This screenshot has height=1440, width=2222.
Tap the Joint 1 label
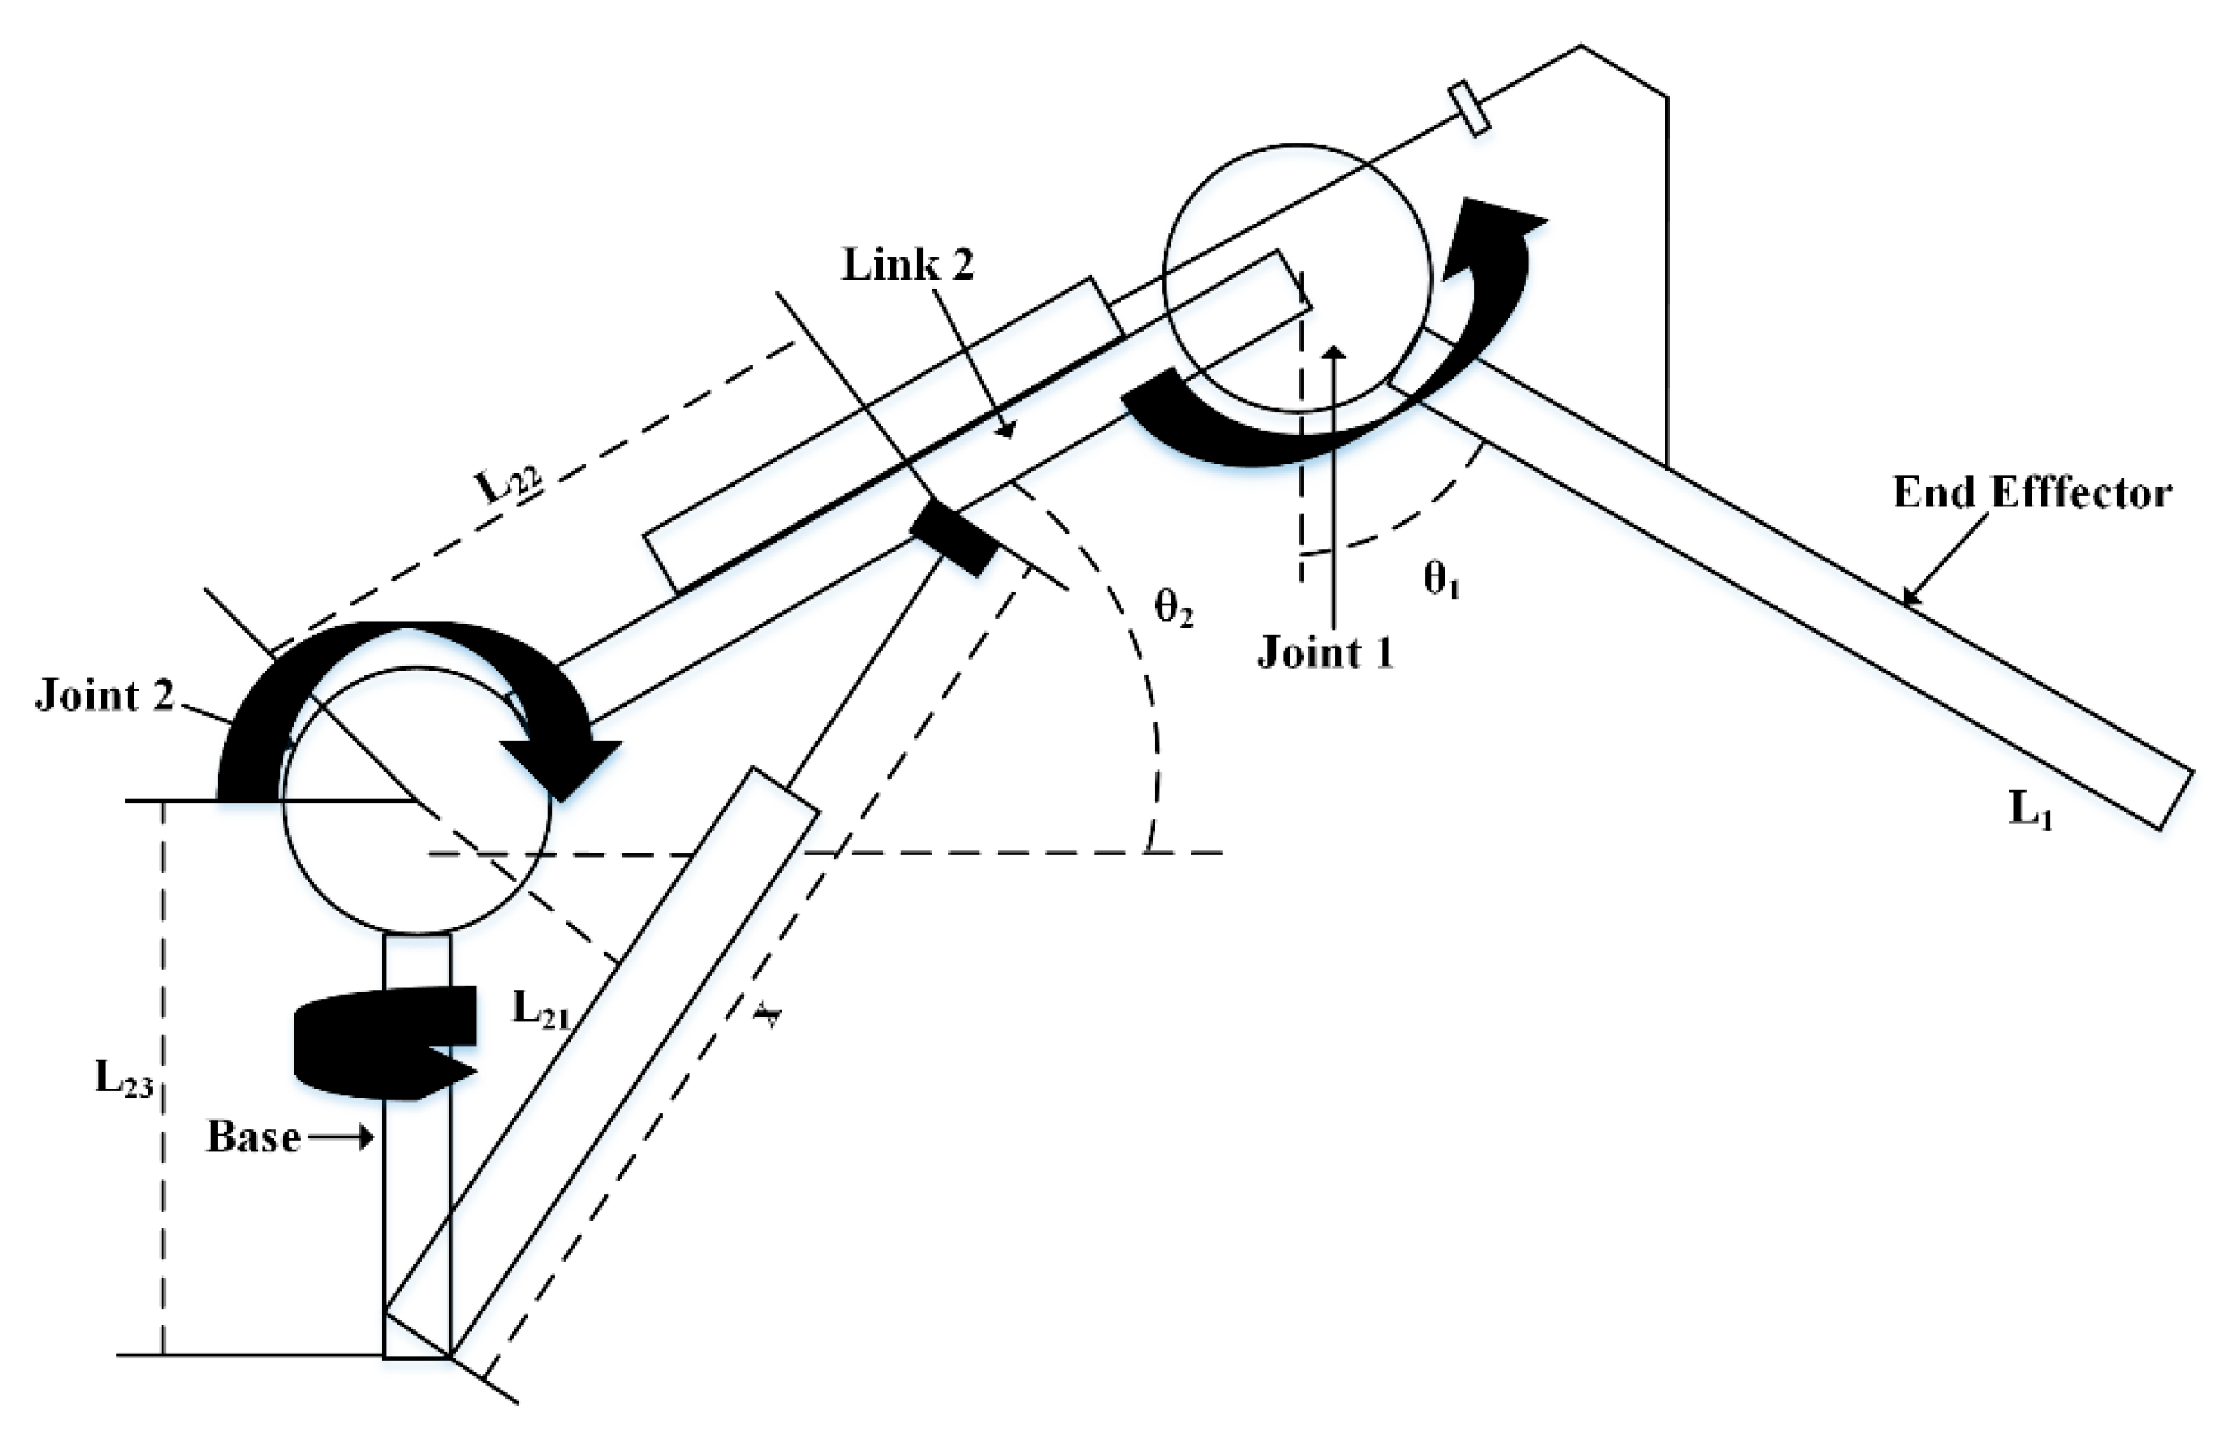tap(1325, 652)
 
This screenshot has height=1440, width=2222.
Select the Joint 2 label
tap(105, 696)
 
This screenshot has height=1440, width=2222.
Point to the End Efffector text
tap(2032, 493)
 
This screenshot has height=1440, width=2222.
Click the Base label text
tap(253, 1136)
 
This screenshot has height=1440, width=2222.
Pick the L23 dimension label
tap(123, 1079)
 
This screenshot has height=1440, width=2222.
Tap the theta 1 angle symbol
tap(1440, 580)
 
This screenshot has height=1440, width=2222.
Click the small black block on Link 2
tap(952, 539)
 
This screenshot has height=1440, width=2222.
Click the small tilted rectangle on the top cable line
tap(1468, 109)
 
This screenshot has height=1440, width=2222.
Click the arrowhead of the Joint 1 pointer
tap(1335, 353)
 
